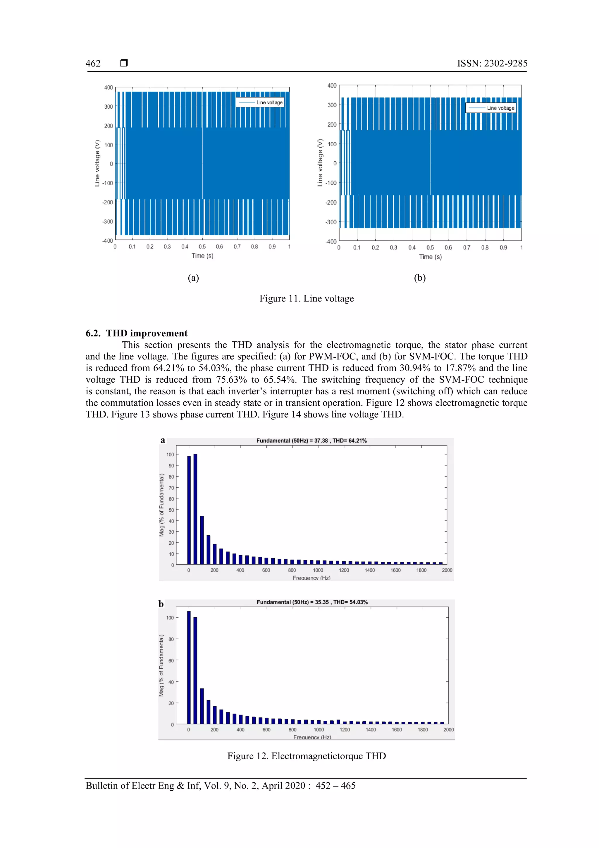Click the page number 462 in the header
pos(93,64)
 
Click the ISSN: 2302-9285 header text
pos(492,64)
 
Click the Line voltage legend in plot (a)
pos(260,102)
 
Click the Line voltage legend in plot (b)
pos(490,108)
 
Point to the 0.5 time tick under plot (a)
pos(202,246)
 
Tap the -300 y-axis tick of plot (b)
pos(331,222)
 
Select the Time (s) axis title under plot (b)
pos(430,257)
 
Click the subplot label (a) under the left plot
pos(193,278)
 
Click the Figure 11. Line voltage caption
pos(306,299)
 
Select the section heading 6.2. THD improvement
pos(137,333)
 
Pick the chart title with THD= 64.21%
pos(311,441)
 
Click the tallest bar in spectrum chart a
pos(195,510)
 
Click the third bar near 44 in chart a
pos(202,540)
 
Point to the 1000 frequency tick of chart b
pos(319,730)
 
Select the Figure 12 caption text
pos(306,756)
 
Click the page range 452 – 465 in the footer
pos(335,786)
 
